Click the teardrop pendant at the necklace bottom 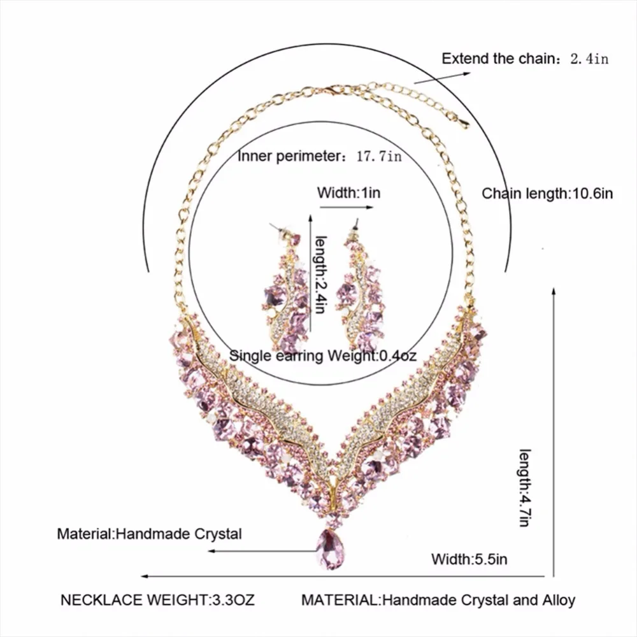coord(331,549)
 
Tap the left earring coord(285,290)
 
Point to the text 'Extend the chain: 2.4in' coord(526,59)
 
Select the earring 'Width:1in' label coord(349,192)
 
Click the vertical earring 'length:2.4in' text coord(320,274)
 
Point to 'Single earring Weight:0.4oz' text coord(323,355)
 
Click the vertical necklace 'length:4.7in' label coord(524,487)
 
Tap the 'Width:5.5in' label coord(469,560)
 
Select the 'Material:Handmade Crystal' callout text coord(150,533)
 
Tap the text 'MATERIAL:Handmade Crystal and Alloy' coord(438,599)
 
